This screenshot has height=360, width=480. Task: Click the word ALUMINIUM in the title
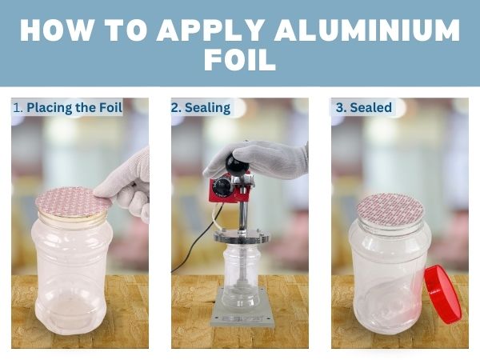367,30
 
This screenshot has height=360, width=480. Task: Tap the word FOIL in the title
240,60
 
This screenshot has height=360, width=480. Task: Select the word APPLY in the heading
210,30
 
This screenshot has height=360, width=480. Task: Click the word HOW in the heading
58,30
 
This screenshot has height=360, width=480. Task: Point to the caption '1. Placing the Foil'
67,107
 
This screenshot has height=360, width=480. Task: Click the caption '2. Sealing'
201,108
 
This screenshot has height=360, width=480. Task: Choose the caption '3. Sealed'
364,107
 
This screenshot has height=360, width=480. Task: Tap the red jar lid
442,295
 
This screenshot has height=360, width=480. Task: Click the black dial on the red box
221,186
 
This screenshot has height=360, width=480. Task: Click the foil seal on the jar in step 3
390,209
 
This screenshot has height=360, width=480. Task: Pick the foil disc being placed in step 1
72,202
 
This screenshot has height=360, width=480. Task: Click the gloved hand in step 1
126,186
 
